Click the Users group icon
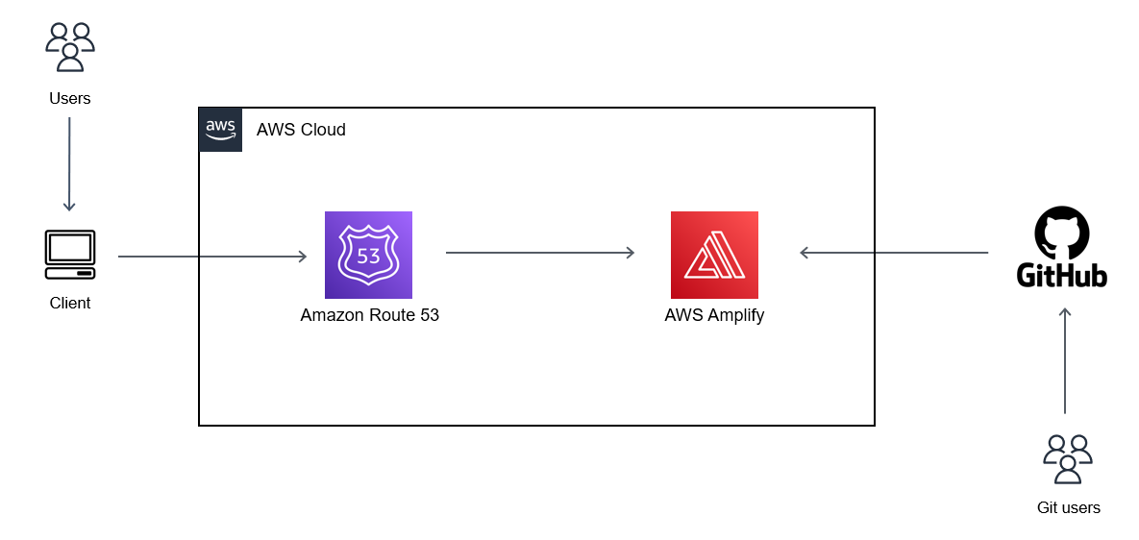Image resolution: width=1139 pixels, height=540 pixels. [x=70, y=47]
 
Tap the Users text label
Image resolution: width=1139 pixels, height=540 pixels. [x=70, y=98]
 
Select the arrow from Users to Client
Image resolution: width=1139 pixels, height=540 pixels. [x=69, y=163]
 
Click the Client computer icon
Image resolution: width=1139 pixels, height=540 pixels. [x=70, y=255]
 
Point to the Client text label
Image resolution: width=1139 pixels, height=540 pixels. [x=70, y=304]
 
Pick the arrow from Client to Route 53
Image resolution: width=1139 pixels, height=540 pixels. [x=211, y=257]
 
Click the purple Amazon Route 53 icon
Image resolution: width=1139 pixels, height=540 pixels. [x=368, y=256]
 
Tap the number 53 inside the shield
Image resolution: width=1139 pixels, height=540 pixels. [x=368, y=257]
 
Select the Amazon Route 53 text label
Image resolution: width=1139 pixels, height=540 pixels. [x=369, y=315]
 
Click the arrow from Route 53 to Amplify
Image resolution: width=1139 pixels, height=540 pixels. [x=540, y=253]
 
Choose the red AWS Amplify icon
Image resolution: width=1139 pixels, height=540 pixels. [x=714, y=256]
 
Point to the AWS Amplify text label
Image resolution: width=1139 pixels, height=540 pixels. [x=714, y=315]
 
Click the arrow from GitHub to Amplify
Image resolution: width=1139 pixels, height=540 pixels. [x=894, y=253]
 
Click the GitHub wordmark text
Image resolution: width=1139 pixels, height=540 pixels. [x=1062, y=276]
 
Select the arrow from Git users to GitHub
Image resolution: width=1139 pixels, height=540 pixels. [x=1065, y=360]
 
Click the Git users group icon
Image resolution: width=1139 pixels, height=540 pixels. [x=1067, y=458]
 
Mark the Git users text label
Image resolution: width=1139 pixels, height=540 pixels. [x=1068, y=507]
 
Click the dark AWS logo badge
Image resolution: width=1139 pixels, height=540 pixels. [x=220, y=130]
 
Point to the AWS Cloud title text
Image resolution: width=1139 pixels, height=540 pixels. [x=301, y=130]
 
